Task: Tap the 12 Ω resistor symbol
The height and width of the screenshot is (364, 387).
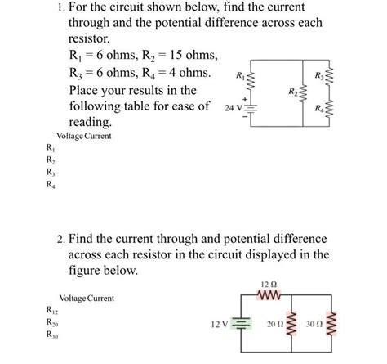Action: (269, 294)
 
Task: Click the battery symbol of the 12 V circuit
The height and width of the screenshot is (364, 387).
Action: (241, 324)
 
